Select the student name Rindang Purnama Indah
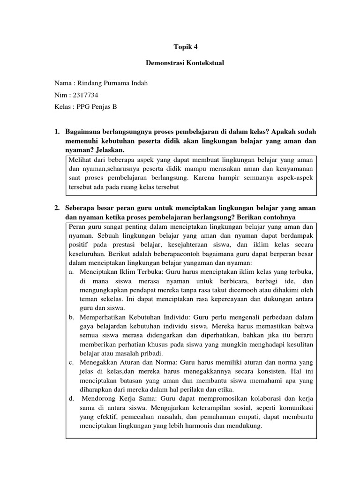point(114,83)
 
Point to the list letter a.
point(71,272)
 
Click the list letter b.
point(71,317)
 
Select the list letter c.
point(71,363)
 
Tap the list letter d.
point(71,399)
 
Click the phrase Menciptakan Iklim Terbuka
point(117,272)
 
